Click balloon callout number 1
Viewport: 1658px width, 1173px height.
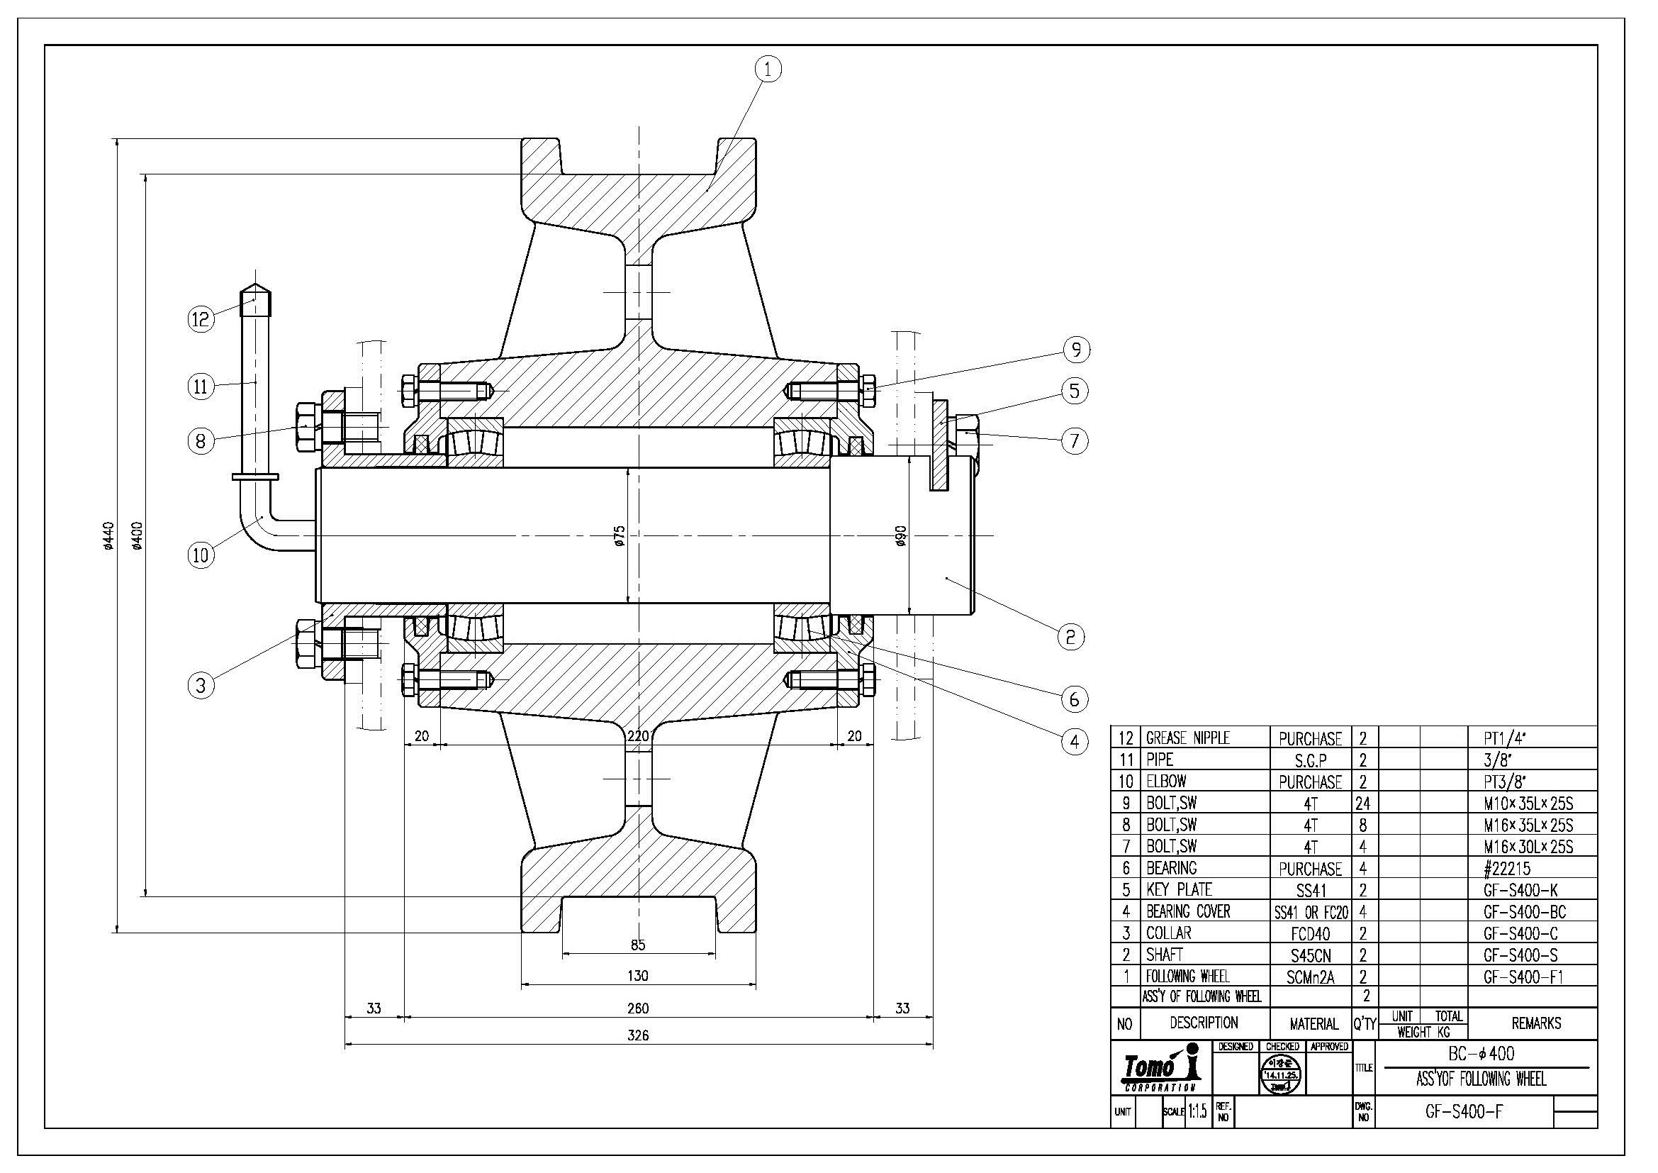[768, 70]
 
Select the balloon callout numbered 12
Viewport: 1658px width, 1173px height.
[201, 318]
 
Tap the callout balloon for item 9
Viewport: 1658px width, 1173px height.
[1076, 350]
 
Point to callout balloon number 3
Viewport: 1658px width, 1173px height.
[201, 685]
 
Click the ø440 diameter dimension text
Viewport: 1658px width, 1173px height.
[108, 535]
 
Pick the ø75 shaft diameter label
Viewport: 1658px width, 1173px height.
[619, 535]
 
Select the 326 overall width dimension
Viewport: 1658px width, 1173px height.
[638, 1035]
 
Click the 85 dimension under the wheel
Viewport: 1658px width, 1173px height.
[638, 945]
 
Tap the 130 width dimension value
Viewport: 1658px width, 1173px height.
[638, 976]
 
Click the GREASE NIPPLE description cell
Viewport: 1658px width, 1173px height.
[1188, 738]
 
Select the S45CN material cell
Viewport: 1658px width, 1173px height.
[1310, 955]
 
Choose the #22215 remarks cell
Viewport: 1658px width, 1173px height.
[1506, 868]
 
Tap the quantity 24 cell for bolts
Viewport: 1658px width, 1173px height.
[1364, 804]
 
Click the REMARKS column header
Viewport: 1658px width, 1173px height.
[1536, 1023]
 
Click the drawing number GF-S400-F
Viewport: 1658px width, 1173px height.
[1464, 1111]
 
